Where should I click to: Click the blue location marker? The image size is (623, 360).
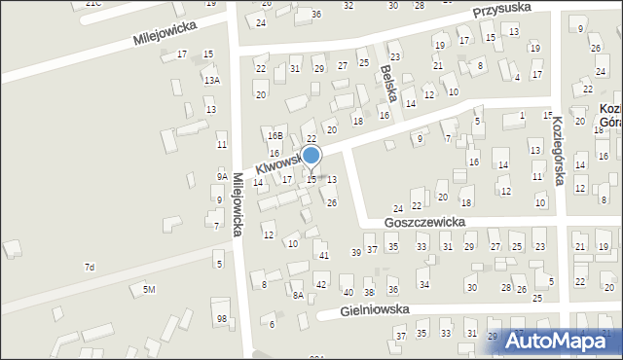311,156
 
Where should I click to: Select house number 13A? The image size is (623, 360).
211,80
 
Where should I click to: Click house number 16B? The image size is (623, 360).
275,136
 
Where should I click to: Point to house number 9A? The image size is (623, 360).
222,176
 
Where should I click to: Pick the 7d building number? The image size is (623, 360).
90,267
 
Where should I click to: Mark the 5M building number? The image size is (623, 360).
149,290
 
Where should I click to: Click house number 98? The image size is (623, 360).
222,319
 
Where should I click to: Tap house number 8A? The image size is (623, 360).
298,294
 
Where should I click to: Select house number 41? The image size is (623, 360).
324,255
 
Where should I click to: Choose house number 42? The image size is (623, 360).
321,285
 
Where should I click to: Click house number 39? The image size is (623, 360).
356,252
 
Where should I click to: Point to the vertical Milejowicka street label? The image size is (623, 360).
239,204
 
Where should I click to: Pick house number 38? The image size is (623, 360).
369,292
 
